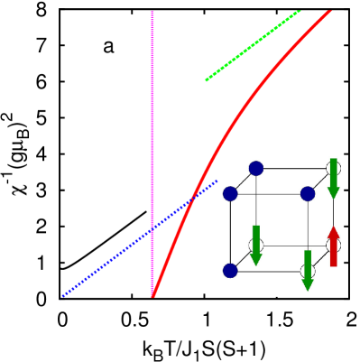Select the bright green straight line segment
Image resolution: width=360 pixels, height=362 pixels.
pyautogui.click(x=253, y=45)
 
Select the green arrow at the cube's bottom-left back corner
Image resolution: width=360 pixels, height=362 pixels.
pyautogui.click(x=256, y=245)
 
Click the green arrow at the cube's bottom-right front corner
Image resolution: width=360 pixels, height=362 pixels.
pyautogui.click(x=308, y=270)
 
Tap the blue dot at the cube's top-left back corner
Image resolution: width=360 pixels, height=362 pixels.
pyautogui.click(x=256, y=168)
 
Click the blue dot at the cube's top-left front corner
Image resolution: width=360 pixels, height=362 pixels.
pyautogui.click(x=230, y=193)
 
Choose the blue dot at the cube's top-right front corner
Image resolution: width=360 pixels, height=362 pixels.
pyautogui.click(x=308, y=193)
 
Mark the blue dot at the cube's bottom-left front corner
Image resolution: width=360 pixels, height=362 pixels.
pyautogui.click(x=230, y=271)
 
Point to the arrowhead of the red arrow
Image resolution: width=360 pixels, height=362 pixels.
pyautogui.click(x=333, y=232)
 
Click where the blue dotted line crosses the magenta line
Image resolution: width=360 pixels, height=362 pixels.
pyautogui.click(x=152, y=228)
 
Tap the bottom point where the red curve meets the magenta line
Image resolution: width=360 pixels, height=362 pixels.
pyautogui.click(x=152, y=294)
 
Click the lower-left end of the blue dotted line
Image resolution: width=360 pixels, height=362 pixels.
pyautogui.click(x=63, y=295)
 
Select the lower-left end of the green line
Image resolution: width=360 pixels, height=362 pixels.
pyautogui.click(x=207, y=80)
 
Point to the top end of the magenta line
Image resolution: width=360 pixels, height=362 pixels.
pyautogui.click(x=152, y=12)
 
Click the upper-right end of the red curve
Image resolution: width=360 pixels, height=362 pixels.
pyautogui.click(x=329, y=12)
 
